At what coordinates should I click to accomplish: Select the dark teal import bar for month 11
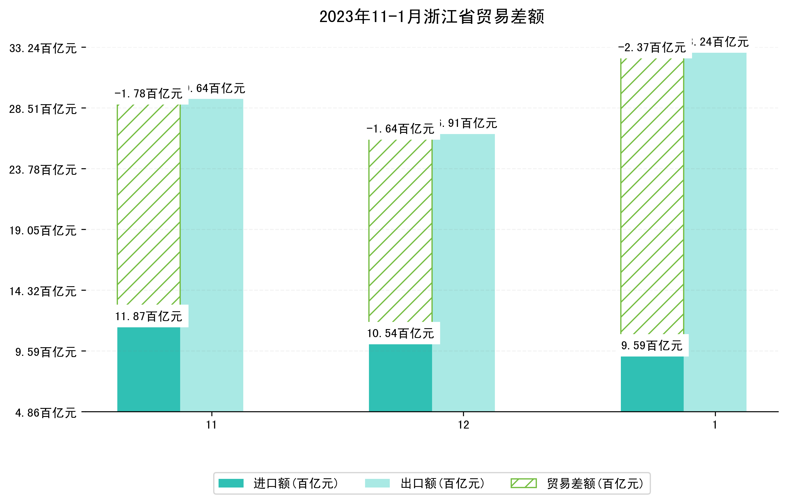pos(149,369)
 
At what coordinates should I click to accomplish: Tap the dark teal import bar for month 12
pos(400,378)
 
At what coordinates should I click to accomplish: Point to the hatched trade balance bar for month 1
pos(652,196)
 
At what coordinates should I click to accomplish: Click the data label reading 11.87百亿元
pos(149,316)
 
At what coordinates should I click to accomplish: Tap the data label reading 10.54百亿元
pos(400,333)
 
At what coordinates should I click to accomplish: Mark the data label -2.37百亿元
pos(652,48)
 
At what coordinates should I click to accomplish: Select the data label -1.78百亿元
pos(148,94)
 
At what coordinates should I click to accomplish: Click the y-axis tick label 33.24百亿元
pos(43,48)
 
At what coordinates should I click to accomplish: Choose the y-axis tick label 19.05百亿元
pos(43,231)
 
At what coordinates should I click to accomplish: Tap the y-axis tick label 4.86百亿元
pos(46,413)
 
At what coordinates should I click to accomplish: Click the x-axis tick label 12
pos(463,425)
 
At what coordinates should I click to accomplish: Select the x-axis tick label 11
pos(211,425)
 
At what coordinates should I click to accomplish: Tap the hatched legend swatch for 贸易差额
pos(523,483)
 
